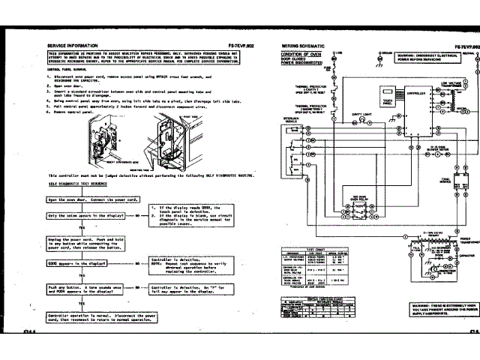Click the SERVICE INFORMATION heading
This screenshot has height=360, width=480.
pos(68,46)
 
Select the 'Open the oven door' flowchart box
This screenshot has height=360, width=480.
pos(82,201)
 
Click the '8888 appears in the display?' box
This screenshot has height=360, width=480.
pos(82,264)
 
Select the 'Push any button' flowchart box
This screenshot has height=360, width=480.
pos(82,289)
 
